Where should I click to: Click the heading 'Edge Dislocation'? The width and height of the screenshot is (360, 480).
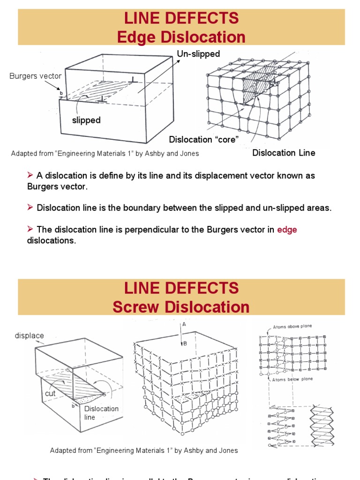pos(181,37)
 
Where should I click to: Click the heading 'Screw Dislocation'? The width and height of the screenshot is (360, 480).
pos(181,307)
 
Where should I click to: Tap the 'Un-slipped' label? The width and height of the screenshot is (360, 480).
pos(198,54)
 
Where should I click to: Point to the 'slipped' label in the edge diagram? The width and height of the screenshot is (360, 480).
pos(86,120)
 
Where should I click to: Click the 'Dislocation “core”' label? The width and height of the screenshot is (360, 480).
pos(204,139)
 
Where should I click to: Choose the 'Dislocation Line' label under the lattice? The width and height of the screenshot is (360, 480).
pos(284,153)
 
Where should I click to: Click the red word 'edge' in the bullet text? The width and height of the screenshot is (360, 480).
pos(287,230)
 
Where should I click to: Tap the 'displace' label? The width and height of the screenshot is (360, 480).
pos(30,336)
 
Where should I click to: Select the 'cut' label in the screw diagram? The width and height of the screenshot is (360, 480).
pos(50,394)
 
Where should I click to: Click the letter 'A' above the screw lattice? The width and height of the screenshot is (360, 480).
pos(184,324)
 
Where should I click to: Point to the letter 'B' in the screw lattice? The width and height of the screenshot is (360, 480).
pos(185,343)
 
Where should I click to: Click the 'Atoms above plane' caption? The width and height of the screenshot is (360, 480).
pos(292,327)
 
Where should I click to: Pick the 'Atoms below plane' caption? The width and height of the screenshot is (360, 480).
pos(292,379)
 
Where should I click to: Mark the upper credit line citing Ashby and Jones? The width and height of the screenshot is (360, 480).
pos(105,153)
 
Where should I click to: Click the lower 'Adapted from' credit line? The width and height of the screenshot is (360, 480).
pos(144,450)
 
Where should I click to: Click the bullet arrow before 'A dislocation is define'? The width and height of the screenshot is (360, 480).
pos(30,175)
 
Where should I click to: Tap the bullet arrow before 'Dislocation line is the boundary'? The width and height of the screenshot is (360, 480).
pos(30,207)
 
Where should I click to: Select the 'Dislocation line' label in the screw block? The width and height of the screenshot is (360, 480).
pos(101,413)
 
